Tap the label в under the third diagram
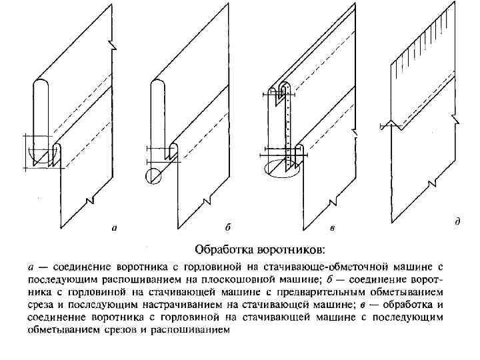[x=332, y=228]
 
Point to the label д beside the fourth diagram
[x=457, y=220]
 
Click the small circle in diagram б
[x=153, y=175]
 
